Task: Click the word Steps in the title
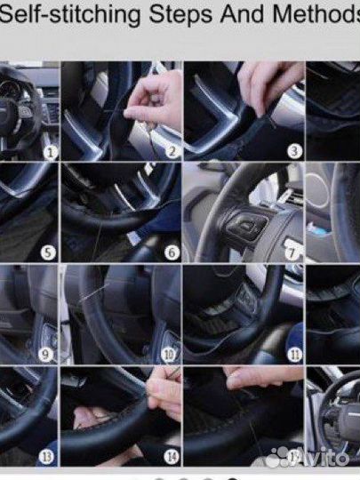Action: pyautogui.click(x=180, y=14)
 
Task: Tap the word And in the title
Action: pyautogui.click(x=243, y=13)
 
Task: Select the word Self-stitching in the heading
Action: pyautogui.click(x=70, y=14)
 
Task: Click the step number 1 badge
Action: pyautogui.click(x=51, y=152)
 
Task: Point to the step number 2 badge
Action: pyautogui.click(x=172, y=151)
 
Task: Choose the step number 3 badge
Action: pyautogui.click(x=294, y=151)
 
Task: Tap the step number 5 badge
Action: pyautogui.click(x=48, y=252)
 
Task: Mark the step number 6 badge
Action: pyautogui.click(x=172, y=252)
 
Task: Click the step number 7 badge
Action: pyautogui.click(x=292, y=252)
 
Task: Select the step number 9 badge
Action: pyautogui.click(x=45, y=355)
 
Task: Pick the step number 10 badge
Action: pyautogui.click(x=169, y=355)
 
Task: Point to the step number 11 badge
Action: pyautogui.click(x=294, y=355)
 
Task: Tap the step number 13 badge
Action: pyautogui.click(x=45, y=457)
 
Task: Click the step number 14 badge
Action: pyautogui.click(x=171, y=457)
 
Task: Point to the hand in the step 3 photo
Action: pyautogui.click(x=269, y=84)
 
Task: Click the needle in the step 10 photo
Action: pyautogui.click(x=94, y=292)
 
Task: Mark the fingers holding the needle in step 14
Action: pyautogui.click(x=164, y=394)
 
